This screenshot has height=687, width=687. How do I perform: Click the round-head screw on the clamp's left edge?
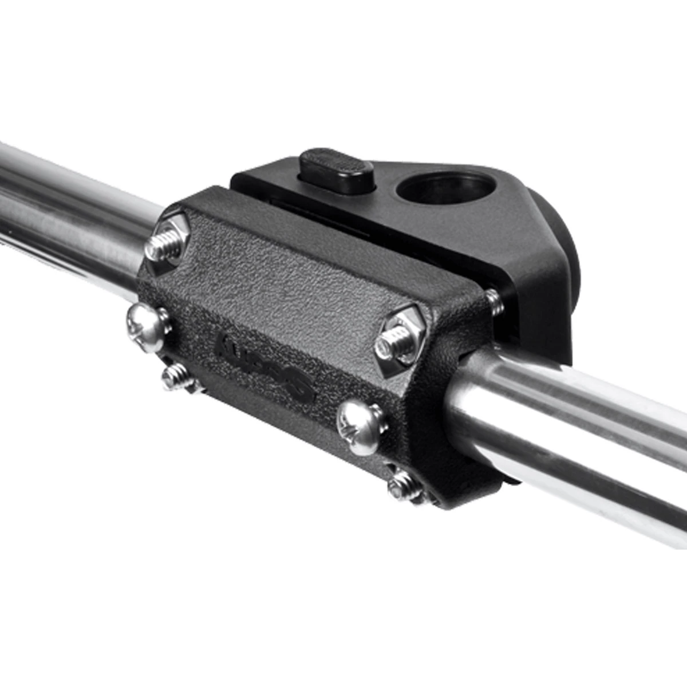click(148, 327)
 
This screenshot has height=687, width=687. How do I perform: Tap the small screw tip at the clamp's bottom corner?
click(404, 488)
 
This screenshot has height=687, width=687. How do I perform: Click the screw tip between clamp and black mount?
click(493, 302)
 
